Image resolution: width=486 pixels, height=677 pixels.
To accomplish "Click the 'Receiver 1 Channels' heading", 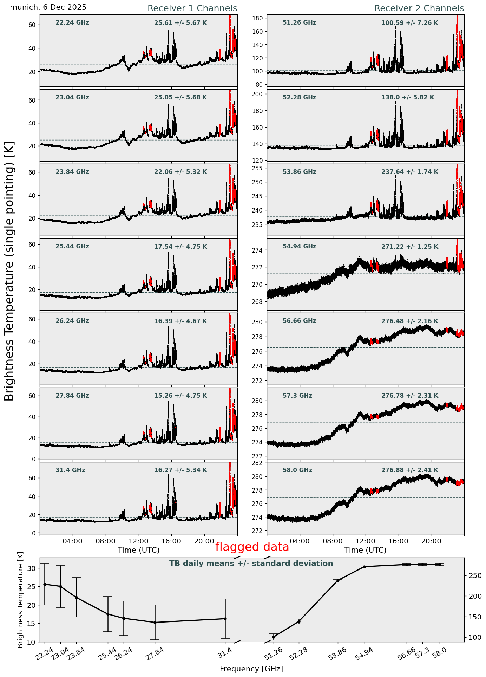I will coord(192,8).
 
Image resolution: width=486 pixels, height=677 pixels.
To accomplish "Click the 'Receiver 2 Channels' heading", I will coord(419,8).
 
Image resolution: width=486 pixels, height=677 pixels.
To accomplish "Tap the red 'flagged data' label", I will coord(252,547).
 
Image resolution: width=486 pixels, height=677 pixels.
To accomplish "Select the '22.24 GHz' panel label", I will coord(72,23).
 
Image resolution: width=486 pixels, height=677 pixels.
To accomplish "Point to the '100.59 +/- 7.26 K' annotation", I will coord(409,23).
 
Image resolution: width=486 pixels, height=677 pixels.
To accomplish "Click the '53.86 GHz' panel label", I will coord(299,172).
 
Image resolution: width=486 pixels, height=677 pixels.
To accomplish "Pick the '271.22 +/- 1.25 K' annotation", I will coord(409,247).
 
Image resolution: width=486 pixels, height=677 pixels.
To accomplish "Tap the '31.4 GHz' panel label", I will coord(70,470).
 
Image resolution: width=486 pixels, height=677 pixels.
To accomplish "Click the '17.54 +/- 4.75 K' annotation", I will coord(180,247).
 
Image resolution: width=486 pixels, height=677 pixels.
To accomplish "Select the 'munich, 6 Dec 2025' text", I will coord(48,7).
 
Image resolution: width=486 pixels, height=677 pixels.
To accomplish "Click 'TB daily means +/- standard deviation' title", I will coord(251,564).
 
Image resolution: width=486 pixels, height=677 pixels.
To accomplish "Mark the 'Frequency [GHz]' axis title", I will coord(251,669).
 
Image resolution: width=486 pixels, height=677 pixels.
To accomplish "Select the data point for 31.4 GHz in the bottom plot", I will coord(225,619).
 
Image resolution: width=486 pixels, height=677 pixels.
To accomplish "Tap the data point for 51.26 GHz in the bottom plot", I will coord(274,637).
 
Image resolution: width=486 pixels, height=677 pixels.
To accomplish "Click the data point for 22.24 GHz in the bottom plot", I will coord(45,584).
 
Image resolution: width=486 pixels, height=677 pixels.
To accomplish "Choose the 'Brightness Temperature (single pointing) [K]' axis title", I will coord(9,271).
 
